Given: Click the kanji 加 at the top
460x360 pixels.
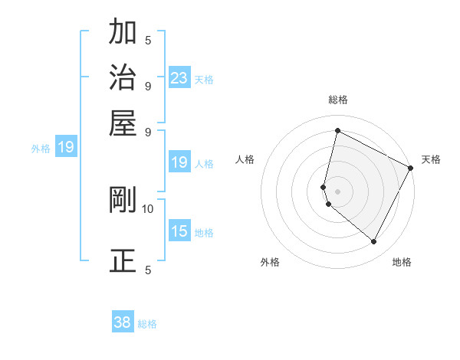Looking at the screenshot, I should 123,33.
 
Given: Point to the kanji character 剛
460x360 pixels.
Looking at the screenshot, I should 123,200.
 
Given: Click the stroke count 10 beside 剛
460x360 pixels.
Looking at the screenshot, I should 148,208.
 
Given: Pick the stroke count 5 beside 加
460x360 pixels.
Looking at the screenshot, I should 148,40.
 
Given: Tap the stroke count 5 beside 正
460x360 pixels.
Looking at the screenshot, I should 148,270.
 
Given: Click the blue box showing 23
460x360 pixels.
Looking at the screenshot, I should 179,77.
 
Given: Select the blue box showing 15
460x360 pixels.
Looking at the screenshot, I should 179,231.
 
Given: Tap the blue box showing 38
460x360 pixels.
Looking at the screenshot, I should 123,322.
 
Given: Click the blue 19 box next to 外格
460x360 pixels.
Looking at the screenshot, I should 66,147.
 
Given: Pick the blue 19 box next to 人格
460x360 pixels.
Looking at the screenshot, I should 179,162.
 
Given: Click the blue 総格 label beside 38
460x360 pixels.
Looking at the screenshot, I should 147,324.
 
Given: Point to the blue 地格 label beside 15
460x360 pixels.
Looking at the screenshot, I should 204,232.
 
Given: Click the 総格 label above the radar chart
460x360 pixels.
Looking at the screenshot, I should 338,100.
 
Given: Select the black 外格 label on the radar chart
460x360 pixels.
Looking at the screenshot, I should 270,262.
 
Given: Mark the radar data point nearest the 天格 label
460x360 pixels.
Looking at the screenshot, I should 411,169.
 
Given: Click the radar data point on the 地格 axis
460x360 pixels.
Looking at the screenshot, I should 374,242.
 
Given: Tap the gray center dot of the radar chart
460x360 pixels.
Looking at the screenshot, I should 338,190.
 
